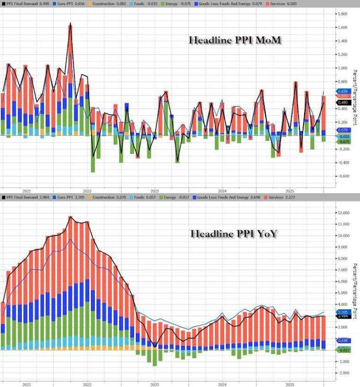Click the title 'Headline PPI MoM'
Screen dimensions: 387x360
(x=235, y=40)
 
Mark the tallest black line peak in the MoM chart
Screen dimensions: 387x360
(x=70, y=23)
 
